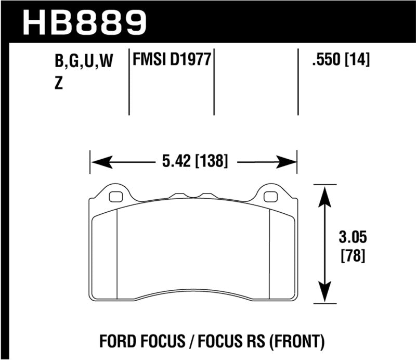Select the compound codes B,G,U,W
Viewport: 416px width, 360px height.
pyautogui.click(x=84, y=62)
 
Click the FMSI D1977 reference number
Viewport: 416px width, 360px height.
pyautogui.click(x=172, y=61)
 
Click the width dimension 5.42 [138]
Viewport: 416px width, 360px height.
pyautogui.click(x=193, y=161)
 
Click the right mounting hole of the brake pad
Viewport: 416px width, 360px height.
pyautogui.click(x=270, y=197)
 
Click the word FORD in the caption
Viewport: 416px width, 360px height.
pyautogui.click(x=117, y=342)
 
